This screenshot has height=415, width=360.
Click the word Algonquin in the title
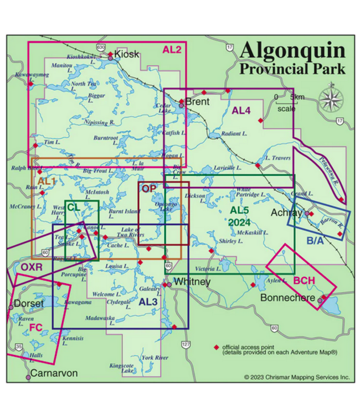(292, 51)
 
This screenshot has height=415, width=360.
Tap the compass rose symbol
(332, 100)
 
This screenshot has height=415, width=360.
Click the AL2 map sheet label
(172, 49)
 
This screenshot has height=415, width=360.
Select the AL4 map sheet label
(241, 110)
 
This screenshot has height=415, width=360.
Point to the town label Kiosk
(127, 54)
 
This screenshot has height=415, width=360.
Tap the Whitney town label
(192, 282)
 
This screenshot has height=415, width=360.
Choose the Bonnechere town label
(289, 298)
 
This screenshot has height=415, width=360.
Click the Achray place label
(286, 212)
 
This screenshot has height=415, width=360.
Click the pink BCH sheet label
(304, 281)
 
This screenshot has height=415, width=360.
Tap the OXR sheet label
(32, 267)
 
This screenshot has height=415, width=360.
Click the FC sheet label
(35, 327)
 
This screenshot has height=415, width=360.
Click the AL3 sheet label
(148, 302)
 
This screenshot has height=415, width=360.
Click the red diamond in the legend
(216, 347)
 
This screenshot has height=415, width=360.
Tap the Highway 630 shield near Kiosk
(100, 48)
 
